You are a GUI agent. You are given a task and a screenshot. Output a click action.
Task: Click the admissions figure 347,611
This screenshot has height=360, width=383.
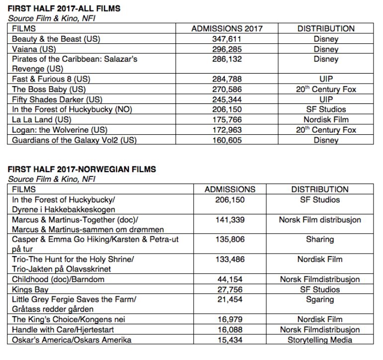point(227,39)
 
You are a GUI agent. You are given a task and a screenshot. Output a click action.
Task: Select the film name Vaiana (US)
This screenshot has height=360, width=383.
point(33,49)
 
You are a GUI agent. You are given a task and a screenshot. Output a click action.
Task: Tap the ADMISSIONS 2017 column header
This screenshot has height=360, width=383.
point(227,29)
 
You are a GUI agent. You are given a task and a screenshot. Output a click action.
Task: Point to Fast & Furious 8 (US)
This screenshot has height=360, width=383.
point(51,79)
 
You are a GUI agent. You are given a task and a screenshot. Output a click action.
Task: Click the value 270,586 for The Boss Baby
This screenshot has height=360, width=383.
point(227,90)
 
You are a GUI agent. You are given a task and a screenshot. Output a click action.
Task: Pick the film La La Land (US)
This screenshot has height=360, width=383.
point(42,119)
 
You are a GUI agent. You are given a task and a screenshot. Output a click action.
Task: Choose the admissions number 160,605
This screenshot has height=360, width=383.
point(227,140)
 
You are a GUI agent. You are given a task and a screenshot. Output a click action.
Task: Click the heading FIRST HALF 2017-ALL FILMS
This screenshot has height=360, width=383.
point(64,9)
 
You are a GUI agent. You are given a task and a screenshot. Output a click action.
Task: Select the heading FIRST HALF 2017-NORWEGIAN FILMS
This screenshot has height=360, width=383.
point(82,169)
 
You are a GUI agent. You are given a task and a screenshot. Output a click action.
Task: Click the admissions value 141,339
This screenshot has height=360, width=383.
point(230,219)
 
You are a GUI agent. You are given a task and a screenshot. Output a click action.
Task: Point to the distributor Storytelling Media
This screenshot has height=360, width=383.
point(320,340)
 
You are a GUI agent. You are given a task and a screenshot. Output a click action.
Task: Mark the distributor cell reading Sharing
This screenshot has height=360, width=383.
point(320,239)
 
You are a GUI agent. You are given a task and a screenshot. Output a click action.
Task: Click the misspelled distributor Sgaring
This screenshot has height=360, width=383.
point(320,299)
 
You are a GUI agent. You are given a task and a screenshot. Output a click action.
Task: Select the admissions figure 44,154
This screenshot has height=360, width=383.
point(230,279)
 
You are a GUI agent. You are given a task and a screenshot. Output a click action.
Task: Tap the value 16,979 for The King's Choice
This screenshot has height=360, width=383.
point(230,320)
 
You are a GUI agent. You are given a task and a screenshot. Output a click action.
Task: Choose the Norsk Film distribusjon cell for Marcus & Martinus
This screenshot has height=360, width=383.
point(320,219)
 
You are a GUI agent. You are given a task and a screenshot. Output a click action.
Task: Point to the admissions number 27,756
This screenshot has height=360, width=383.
point(230,289)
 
